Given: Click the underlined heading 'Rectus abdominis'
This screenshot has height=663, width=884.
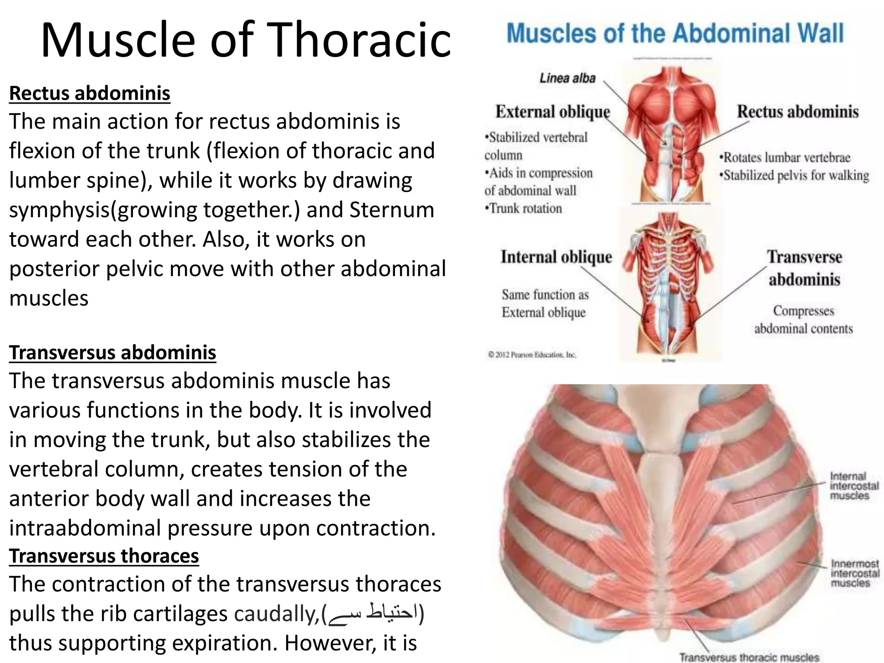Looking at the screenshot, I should point(90,93).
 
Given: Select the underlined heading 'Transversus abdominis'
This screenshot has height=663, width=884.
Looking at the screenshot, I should point(113,352).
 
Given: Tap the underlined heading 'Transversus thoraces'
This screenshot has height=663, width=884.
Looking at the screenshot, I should point(104,556).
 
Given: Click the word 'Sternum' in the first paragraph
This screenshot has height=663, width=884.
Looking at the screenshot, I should point(391,210).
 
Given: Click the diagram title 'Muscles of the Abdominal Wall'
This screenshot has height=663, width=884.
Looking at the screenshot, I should point(675,34).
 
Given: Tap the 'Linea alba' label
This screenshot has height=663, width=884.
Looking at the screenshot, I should point(567,78).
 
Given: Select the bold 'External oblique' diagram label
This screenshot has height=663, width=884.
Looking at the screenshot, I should point(552,112).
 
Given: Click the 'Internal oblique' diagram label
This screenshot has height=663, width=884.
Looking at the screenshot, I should point(556,257).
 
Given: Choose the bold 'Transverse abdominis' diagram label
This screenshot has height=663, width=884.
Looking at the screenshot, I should point(804,268).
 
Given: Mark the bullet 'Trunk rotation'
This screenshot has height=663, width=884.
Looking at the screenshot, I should point(524,208).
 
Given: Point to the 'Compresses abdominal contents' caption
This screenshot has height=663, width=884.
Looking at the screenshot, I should point(803,319).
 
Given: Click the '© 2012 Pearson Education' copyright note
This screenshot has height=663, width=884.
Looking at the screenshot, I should point(532,355).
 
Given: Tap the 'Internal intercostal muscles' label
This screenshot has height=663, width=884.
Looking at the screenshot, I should point(854,486).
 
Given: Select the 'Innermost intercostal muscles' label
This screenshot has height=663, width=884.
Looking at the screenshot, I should point(855,573).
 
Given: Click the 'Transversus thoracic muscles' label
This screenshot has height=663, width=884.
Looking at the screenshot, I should point(749,657).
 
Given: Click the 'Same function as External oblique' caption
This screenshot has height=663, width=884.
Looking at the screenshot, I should point(544,303).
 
